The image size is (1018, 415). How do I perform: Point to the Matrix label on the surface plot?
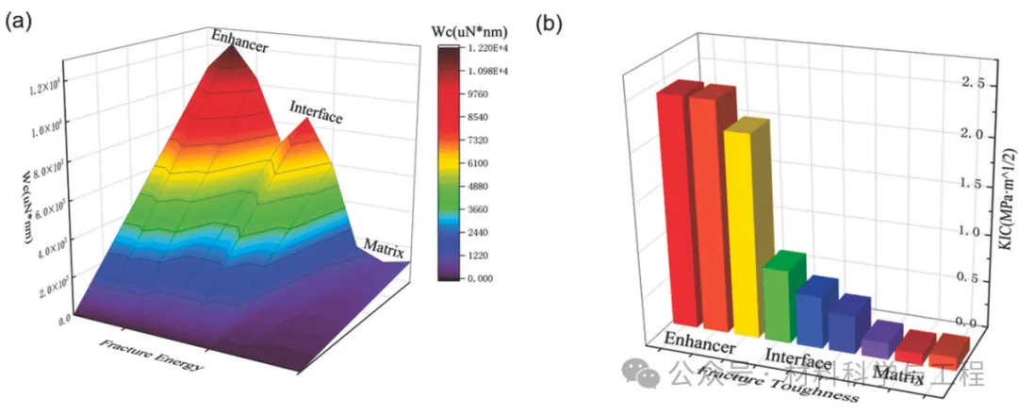click(383, 250)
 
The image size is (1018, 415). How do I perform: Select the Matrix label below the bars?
click(897, 377)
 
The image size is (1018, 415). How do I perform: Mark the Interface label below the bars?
click(798, 358)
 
